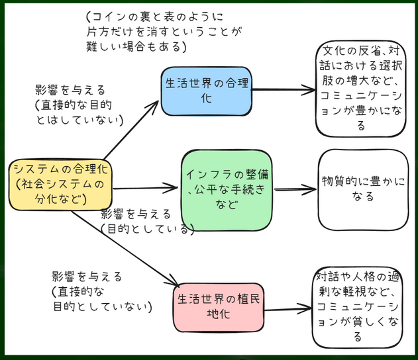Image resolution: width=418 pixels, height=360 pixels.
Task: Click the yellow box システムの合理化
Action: tap(60, 183)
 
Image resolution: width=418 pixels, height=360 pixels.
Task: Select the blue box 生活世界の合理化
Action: tap(206, 89)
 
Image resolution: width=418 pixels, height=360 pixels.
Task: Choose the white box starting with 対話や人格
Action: tap(359, 306)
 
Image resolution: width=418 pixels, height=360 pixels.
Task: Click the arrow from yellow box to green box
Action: tap(146, 189)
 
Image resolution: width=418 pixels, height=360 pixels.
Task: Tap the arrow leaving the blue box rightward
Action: tap(282, 89)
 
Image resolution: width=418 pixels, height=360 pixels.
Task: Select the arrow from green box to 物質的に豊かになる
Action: tap(295, 190)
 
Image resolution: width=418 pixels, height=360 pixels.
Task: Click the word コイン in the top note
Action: tap(106, 17)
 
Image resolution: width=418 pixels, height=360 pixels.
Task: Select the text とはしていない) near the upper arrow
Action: tap(79, 120)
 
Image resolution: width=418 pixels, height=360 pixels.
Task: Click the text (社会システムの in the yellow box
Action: tap(60, 183)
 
